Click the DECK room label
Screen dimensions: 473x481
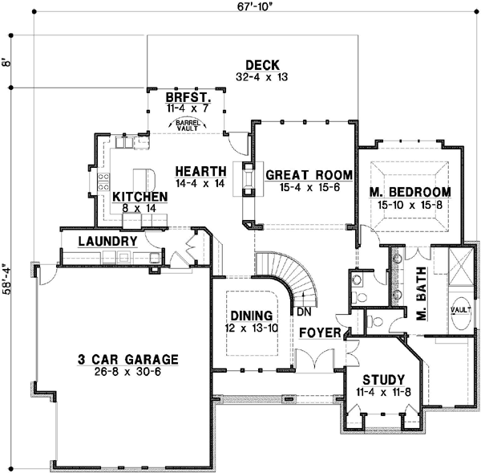(x=261, y=65)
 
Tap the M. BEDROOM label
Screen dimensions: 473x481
(x=410, y=193)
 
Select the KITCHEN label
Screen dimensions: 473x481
(x=139, y=197)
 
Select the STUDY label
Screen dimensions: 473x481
(x=382, y=380)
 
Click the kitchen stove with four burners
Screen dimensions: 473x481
(x=103, y=181)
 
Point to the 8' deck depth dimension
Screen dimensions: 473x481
(x=7, y=61)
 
